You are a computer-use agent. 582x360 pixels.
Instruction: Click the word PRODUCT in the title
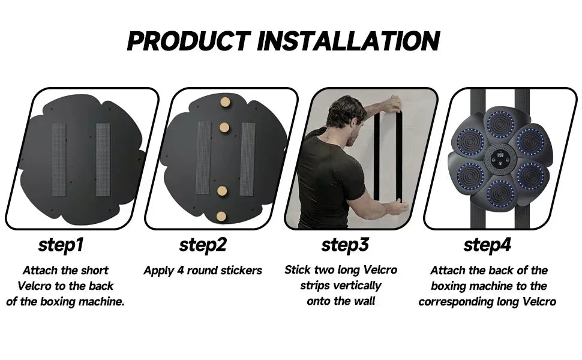point(189,40)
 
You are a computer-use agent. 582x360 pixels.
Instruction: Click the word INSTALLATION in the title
point(349,40)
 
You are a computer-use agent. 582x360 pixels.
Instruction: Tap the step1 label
point(61,245)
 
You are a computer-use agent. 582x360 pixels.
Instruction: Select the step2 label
point(203,245)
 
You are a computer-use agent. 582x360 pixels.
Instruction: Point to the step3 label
point(345,245)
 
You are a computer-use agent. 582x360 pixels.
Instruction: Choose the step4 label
point(487,245)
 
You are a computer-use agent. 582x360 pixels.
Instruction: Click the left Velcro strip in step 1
point(59,160)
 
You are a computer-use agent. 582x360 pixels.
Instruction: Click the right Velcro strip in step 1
point(103,160)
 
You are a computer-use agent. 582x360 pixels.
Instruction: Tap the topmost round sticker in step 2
point(225,102)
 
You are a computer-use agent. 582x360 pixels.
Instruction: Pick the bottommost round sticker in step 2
point(221,216)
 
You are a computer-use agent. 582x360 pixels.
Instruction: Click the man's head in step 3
point(344,113)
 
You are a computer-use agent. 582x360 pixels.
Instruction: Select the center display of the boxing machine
point(500,158)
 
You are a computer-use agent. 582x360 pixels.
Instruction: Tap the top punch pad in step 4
point(500,124)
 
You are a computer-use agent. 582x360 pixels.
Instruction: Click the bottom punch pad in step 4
point(500,193)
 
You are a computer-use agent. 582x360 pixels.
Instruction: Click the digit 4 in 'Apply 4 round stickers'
point(181,270)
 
